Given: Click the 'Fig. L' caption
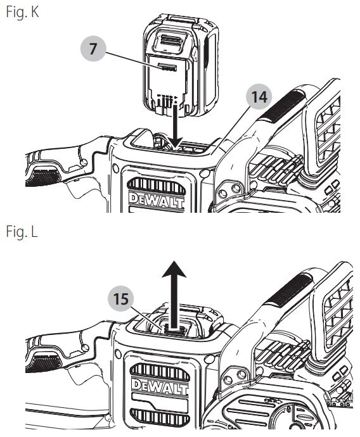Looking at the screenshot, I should [x=20, y=232].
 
